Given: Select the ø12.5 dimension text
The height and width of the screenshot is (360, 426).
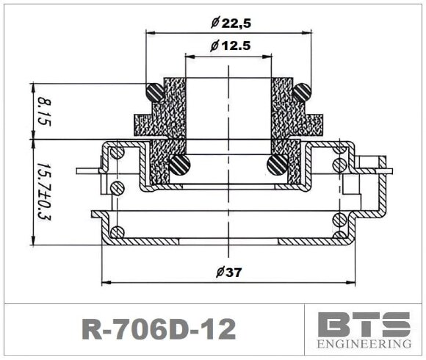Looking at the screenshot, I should [x=231, y=46].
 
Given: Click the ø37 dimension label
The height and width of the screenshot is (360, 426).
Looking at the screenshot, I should [x=230, y=272].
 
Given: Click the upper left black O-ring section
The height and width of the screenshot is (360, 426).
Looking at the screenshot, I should [x=156, y=93].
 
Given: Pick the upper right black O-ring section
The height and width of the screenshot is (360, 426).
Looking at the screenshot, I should [x=301, y=93].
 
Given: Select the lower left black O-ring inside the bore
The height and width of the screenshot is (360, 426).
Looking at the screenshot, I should [x=180, y=165].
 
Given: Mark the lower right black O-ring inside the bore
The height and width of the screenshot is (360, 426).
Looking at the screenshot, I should [x=277, y=165].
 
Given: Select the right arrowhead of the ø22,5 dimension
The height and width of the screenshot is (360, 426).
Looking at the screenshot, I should [x=306, y=33].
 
